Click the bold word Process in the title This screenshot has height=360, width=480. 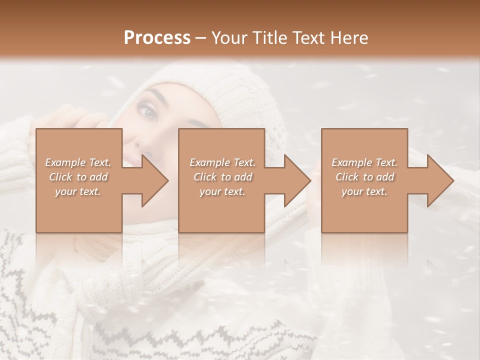tap(157, 38)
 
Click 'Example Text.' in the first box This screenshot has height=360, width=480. tap(78, 162)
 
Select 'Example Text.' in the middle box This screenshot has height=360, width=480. tap(222, 162)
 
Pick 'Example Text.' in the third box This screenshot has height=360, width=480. tap(364, 162)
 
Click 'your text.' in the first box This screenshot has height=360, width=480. tap(78, 192)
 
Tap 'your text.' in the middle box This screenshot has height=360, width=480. tap(222, 192)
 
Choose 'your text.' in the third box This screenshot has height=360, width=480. tap(364, 192)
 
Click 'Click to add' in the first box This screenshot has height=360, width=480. tap(78, 177)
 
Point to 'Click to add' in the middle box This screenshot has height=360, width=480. tap(222, 177)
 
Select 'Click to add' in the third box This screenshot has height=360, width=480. tap(364, 177)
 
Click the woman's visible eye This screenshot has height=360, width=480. tap(150, 114)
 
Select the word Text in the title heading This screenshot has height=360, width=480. tap(307, 38)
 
